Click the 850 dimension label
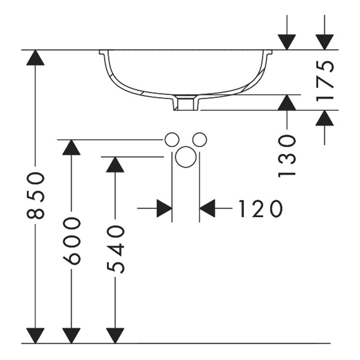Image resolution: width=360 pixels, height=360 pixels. coord(35,195)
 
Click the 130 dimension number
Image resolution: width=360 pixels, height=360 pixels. coord(287,156)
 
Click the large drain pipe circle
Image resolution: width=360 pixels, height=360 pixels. coord(186,157)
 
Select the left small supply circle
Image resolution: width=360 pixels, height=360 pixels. coord(171,140)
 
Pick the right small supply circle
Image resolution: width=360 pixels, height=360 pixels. coord(199,140)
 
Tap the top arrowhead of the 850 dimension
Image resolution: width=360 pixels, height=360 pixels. coord(35,57)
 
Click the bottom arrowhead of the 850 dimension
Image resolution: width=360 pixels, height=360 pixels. coord(35,336)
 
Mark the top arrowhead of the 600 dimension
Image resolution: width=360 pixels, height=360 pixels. coord(71,147)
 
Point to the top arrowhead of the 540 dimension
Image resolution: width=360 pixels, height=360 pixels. coord(115,165)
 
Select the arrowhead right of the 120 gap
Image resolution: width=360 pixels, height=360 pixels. coord(207,208)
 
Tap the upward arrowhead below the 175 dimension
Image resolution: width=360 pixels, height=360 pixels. coord(324,118)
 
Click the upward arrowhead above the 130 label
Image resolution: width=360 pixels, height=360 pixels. coord(287,102)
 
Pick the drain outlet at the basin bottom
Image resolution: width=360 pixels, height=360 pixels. coord(185,103)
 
